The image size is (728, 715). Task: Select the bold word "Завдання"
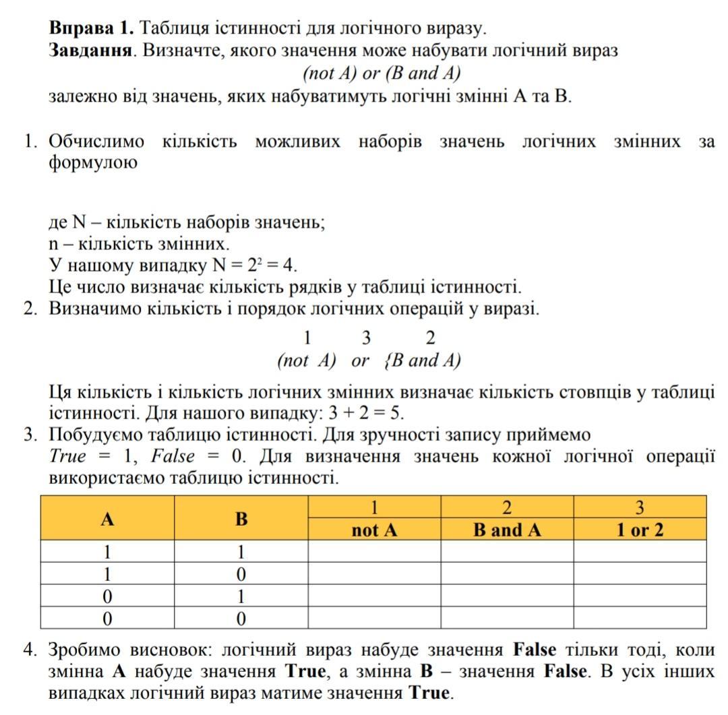(x=90, y=50)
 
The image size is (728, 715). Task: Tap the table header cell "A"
(x=107, y=518)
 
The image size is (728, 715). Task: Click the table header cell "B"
(x=241, y=518)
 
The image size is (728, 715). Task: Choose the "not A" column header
(x=374, y=530)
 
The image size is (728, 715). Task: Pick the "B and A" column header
(x=507, y=530)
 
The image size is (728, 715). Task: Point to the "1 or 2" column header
(x=640, y=530)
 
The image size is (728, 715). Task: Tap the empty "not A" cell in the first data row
(x=374, y=552)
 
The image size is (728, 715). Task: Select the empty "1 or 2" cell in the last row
(x=640, y=618)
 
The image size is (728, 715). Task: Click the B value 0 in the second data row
(x=241, y=574)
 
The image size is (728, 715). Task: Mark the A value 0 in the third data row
(x=107, y=596)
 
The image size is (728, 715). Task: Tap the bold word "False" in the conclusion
(x=535, y=650)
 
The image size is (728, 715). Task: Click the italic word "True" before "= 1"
(x=68, y=456)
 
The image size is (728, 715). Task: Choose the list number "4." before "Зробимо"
(x=30, y=650)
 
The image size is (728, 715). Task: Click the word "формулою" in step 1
(x=93, y=163)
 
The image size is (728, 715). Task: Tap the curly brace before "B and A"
(x=386, y=361)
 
